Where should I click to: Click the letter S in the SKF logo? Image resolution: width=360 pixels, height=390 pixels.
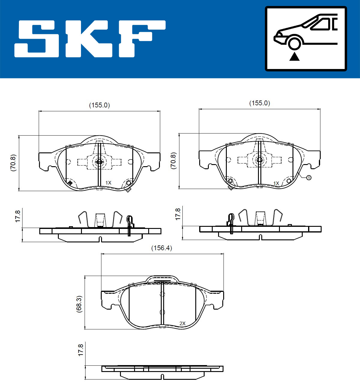point(37,39)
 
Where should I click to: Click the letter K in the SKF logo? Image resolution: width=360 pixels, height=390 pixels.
point(89,39)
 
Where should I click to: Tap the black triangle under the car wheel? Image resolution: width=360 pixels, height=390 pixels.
point(294,57)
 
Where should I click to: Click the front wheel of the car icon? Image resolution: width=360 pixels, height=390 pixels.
point(294,44)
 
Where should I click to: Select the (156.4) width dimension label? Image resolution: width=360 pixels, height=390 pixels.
point(161,248)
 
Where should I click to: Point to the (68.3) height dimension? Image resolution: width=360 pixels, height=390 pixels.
point(79,304)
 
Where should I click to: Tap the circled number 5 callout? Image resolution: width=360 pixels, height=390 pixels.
point(309,178)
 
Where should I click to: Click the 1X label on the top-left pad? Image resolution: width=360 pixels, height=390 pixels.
point(108,183)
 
